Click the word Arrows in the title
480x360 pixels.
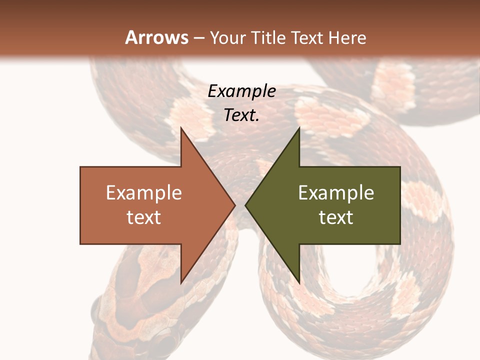pos(156,37)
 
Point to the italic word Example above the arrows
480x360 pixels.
pos(241,91)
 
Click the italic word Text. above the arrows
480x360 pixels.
pos(241,115)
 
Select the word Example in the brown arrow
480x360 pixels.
pos(144,193)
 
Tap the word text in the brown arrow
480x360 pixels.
pos(144,217)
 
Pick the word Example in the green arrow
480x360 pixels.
pos(336,193)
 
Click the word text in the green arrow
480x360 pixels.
pos(336,217)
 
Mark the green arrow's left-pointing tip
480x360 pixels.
pos(246,205)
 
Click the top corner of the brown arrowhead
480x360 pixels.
pos(181,128)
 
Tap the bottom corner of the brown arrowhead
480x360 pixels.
pos(181,282)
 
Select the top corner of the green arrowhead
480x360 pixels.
pos(299,128)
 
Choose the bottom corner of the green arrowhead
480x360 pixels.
pos(299,282)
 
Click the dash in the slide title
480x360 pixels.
pos(199,38)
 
